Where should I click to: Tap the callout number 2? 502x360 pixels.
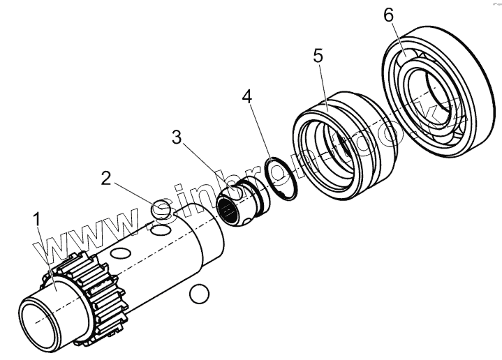pos(106,178)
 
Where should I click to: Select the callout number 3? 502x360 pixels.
pos(178,137)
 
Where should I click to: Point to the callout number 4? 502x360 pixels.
pos(248,96)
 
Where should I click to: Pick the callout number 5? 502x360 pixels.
pos(318,57)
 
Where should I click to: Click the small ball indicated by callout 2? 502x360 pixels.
pos(161,208)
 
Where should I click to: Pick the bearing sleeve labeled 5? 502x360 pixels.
pos(339,151)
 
